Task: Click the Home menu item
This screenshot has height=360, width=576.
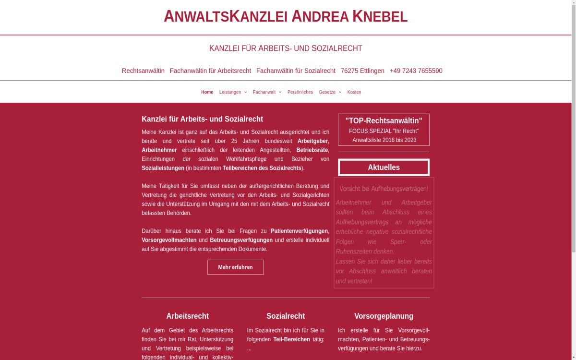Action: (207, 92)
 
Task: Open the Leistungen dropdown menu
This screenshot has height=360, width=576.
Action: (232, 92)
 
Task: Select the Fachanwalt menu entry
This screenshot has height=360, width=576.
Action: (266, 92)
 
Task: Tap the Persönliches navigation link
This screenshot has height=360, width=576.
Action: (300, 92)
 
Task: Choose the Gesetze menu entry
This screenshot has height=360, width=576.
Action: (329, 92)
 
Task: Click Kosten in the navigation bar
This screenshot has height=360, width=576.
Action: (354, 92)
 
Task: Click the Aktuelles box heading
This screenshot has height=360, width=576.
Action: (384, 168)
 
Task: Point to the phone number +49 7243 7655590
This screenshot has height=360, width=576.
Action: (416, 71)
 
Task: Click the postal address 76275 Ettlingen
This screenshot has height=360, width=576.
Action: (362, 71)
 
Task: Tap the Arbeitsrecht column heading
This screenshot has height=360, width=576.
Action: (187, 316)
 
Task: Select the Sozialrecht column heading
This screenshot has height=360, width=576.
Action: (286, 316)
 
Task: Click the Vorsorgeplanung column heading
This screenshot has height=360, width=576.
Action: (384, 316)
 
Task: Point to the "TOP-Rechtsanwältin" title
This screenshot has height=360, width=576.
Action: (384, 120)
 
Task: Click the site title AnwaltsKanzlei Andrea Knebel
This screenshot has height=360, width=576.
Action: (286, 16)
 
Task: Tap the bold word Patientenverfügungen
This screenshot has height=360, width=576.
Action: (299, 231)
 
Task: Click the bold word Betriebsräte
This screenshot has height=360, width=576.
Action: (312, 150)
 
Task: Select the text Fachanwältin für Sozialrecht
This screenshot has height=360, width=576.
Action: (296, 71)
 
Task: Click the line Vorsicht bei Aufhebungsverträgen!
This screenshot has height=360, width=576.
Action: (384, 189)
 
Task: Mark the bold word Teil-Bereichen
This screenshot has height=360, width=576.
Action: (291, 339)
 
